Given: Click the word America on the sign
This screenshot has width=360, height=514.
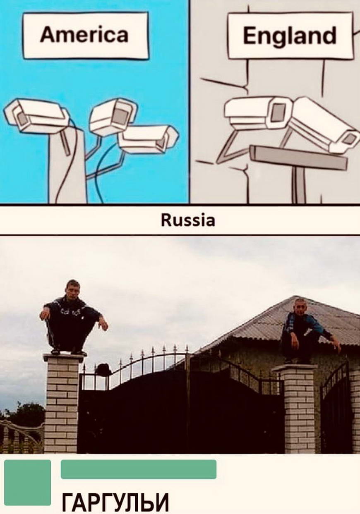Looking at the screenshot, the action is click(x=84, y=35).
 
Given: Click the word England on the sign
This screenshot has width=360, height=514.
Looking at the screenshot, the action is click(x=290, y=35).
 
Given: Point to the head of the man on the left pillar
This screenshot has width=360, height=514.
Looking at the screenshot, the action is click(x=73, y=289).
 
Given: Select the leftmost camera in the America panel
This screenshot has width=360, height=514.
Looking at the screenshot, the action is click(x=37, y=116).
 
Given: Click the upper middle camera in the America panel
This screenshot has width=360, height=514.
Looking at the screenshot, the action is click(x=113, y=116).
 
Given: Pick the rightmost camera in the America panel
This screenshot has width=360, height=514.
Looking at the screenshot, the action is click(x=148, y=139).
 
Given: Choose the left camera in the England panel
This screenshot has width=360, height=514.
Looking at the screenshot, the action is click(x=258, y=113).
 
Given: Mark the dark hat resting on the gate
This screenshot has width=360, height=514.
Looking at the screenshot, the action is click(x=103, y=370).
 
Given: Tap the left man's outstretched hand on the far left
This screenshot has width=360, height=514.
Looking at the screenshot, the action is click(x=45, y=314).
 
